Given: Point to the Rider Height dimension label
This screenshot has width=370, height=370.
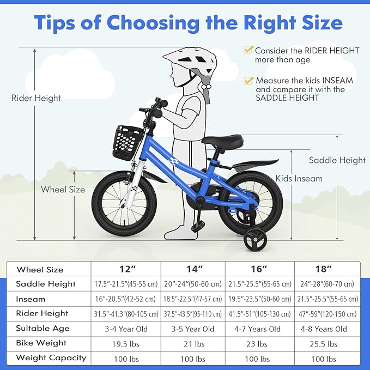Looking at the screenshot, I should point(36,98).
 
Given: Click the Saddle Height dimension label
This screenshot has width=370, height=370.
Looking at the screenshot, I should point(337,160).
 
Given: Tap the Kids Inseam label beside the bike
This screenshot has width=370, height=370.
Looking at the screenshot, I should point(299,178).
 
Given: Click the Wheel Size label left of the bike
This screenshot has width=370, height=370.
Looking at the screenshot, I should point(63,190).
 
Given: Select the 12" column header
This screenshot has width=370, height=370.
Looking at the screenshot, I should point(125,269).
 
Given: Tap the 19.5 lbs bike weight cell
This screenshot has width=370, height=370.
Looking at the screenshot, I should point(125,344).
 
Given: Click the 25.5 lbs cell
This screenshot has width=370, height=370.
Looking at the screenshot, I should point(327,344).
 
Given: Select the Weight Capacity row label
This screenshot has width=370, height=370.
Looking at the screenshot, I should point(51,358).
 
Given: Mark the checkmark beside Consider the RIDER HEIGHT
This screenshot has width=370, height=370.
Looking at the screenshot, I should point(248,50).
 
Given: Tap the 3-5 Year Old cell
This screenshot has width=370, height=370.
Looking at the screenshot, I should point(193,329).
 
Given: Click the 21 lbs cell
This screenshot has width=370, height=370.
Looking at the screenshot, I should point(193,344).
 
